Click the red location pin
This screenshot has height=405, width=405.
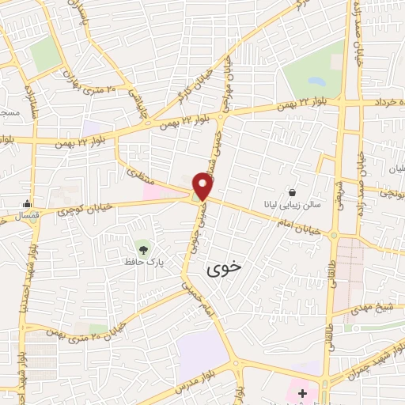(203, 187)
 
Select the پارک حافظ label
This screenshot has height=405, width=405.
(146, 260)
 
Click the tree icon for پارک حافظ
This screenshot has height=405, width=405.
(142, 248)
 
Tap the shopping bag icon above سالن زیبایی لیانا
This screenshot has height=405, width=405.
(293, 191)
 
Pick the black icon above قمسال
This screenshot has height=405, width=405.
(28, 202)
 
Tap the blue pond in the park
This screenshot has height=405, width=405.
(316, 82)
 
